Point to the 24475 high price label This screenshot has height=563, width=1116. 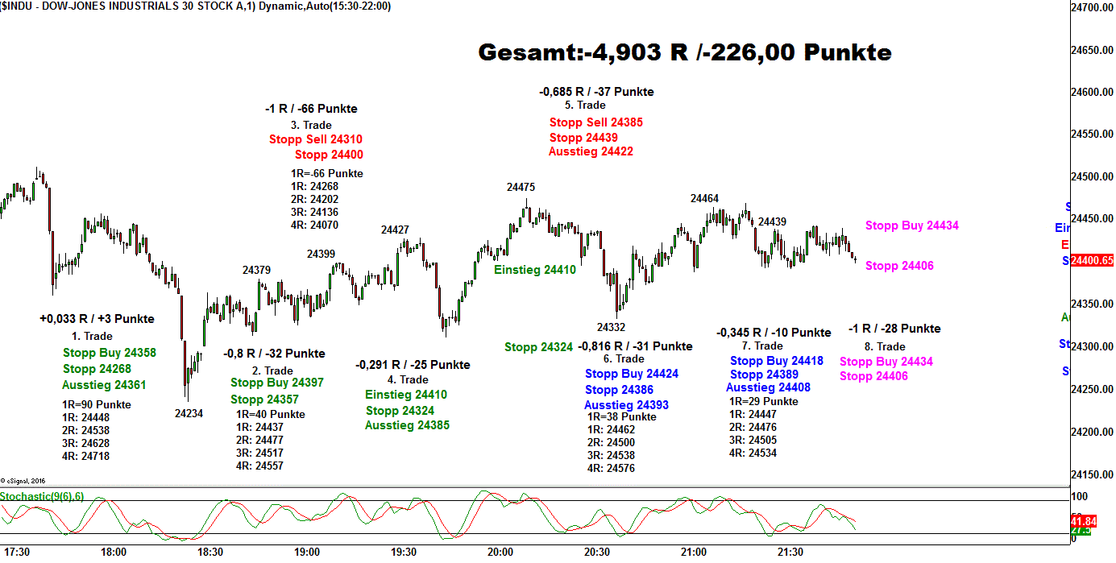tap(521, 187)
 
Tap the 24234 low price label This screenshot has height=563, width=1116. tap(189, 413)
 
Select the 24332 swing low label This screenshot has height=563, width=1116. tap(611, 327)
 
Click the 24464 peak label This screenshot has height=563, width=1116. tap(704, 198)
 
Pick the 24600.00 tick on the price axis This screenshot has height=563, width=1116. tap(1091, 92)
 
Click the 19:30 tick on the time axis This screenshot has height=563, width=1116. tap(404, 552)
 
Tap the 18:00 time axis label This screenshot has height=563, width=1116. tap(114, 552)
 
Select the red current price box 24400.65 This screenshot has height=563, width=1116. tap(1092, 260)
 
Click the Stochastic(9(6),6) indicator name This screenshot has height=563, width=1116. tap(42, 496)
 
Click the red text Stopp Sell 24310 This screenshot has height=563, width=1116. tap(316, 139)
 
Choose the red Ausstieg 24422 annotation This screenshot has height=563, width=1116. tap(591, 151)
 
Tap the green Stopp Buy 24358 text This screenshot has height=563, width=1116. tap(110, 353)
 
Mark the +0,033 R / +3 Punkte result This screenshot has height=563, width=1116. tap(97, 319)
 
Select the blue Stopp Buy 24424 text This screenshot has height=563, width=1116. tap(632, 374)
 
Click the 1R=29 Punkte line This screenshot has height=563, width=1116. tap(764, 401)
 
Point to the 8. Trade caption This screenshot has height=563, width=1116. tap(885, 346)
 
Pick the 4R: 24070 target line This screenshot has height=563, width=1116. tap(314, 225)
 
